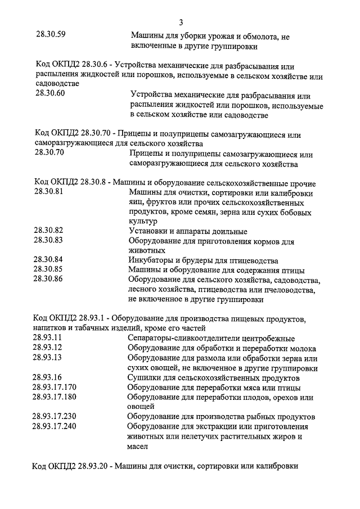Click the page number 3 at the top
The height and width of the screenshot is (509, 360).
(x=181, y=22)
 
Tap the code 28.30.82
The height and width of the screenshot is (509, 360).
(x=48, y=230)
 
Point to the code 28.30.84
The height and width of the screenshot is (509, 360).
(x=48, y=259)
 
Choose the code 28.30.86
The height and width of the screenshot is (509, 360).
(x=48, y=278)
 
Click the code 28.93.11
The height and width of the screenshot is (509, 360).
(x=48, y=338)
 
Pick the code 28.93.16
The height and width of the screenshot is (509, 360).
(x=48, y=377)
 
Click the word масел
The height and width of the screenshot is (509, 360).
(x=137, y=446)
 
